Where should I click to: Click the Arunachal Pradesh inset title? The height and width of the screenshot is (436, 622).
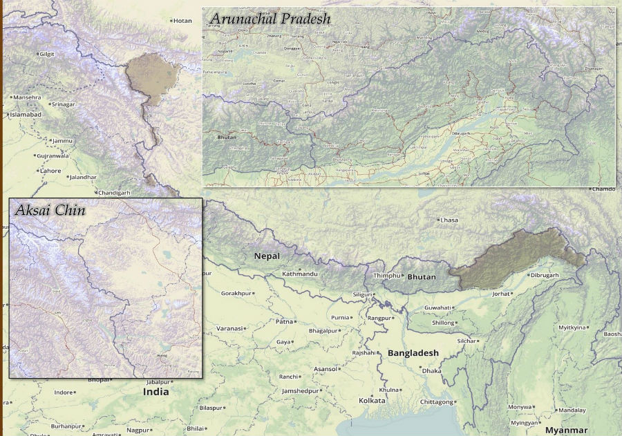270,19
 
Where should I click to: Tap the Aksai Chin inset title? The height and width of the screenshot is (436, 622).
50,209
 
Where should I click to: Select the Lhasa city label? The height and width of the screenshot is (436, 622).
449,220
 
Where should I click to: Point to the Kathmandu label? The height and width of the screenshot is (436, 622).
299,274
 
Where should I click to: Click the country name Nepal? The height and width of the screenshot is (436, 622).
267,256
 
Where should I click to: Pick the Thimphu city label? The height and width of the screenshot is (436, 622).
386,276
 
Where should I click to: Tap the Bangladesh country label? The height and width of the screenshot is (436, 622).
413,353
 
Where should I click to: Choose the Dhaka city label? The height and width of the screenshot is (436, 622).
431,371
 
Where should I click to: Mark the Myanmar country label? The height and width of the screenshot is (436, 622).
567,430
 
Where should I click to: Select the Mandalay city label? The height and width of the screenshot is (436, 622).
572,410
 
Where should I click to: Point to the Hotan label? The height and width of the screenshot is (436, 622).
182,21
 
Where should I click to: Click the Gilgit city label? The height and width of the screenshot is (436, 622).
46,53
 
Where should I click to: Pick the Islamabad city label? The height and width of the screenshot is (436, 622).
26,114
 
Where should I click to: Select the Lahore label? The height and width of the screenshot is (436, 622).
50,170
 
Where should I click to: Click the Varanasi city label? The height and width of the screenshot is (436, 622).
229,328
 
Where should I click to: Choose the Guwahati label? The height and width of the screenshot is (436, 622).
438,307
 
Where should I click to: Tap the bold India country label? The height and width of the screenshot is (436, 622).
155,392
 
